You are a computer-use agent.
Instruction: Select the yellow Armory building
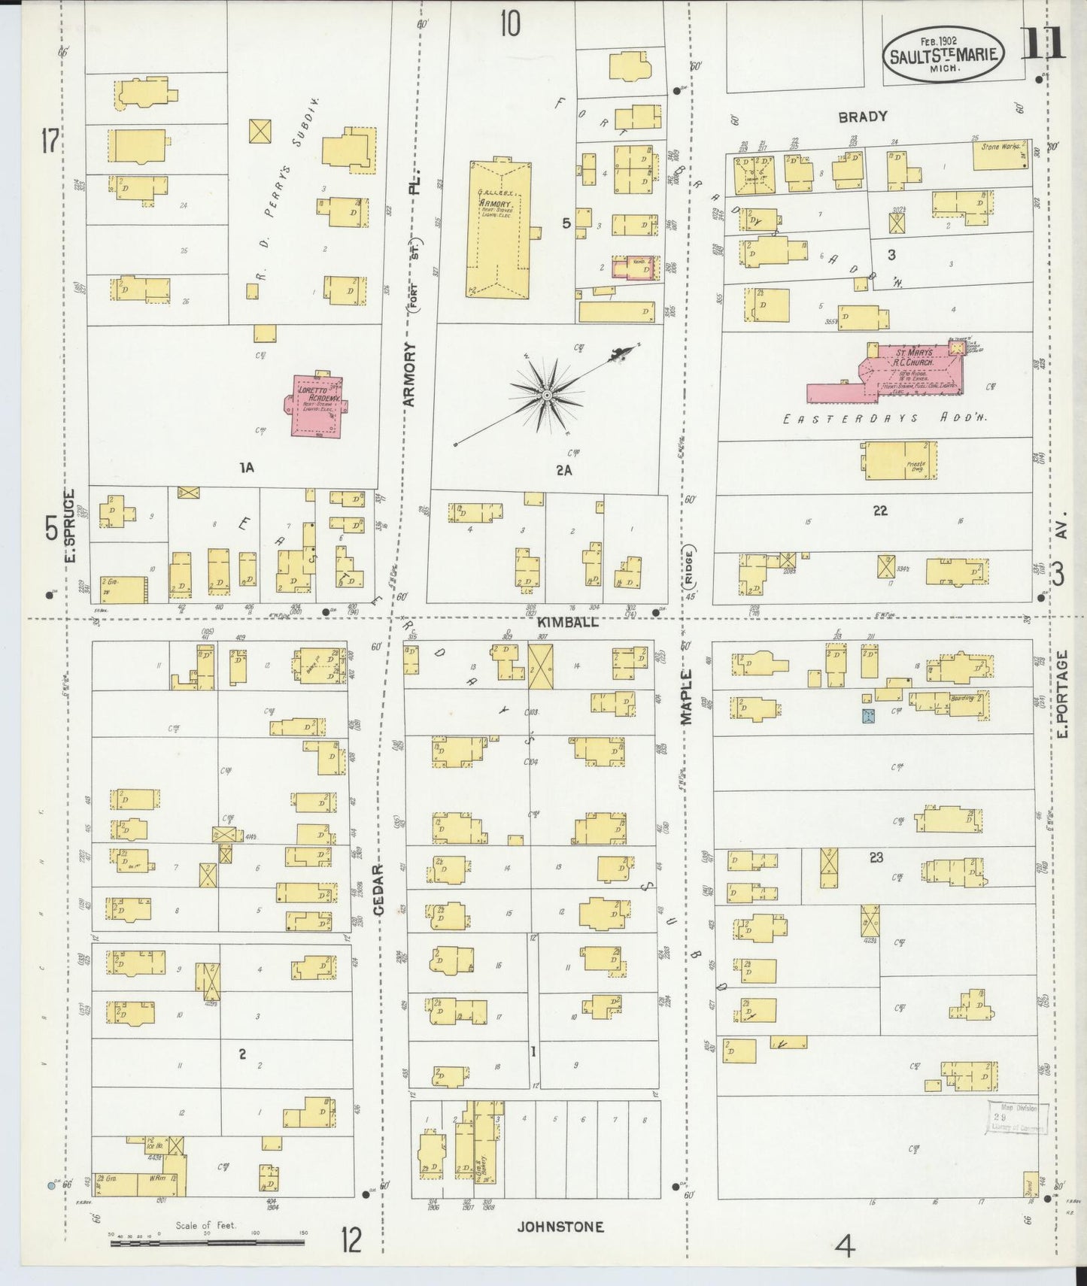[496, 229]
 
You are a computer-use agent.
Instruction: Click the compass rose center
[547, 395]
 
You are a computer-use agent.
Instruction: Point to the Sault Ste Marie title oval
[944, 54]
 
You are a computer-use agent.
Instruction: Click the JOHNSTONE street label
[560, 1227]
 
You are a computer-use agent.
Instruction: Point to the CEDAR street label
[378, 890]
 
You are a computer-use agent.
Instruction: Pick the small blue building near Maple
[869, 717]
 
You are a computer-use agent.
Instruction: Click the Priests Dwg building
[899, 461]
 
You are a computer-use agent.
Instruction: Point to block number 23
[876, 857]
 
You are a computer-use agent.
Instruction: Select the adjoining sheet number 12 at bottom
[351, 1239]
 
